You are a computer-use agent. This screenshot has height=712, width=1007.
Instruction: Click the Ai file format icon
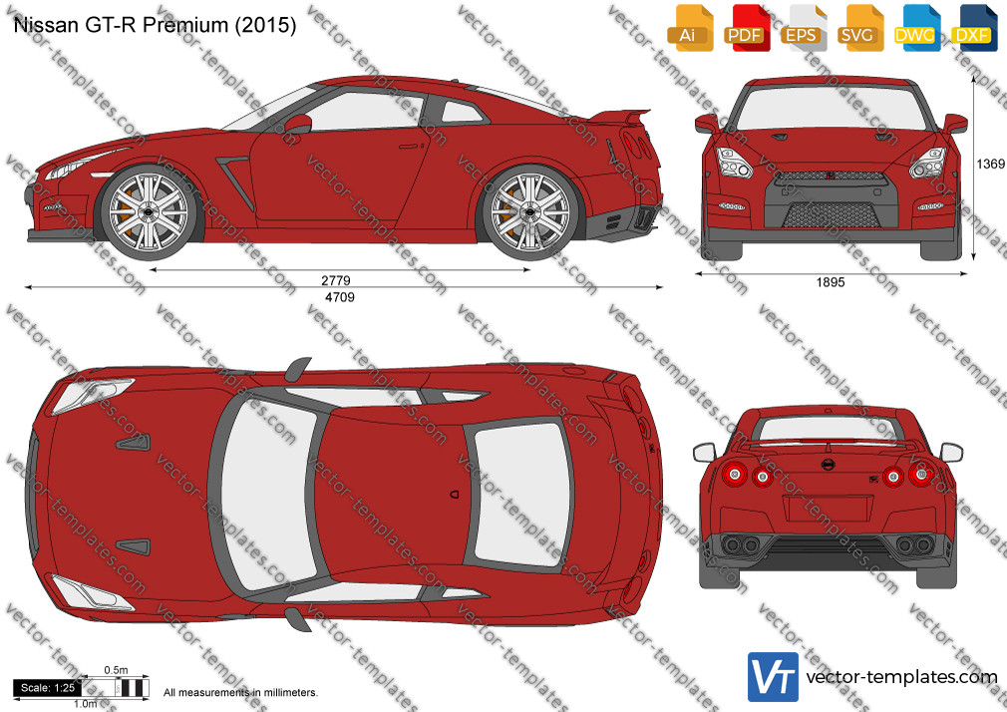690,28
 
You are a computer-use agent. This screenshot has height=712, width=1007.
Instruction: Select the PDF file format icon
747,28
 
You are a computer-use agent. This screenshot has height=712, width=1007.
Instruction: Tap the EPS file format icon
804,28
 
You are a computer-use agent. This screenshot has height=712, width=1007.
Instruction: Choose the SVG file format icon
860,28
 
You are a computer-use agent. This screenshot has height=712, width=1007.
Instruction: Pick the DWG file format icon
917,28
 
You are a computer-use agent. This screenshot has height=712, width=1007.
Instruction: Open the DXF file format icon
974,28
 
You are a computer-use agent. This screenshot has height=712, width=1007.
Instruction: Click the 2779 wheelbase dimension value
336,281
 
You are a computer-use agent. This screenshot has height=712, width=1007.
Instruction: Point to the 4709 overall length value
340,297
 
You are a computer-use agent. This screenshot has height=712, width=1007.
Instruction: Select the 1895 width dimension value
831,282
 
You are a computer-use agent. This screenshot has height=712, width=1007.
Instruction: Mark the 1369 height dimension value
990,164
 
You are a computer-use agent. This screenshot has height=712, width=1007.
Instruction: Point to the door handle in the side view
408,147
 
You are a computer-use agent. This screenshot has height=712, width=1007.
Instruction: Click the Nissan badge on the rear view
828,465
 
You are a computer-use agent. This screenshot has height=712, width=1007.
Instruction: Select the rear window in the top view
519,493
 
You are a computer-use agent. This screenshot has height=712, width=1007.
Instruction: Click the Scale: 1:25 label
48,688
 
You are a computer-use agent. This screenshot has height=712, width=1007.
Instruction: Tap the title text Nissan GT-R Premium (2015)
155,25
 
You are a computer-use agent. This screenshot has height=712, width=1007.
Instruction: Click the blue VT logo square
774,677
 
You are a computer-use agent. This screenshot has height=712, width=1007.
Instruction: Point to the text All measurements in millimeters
240,693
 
